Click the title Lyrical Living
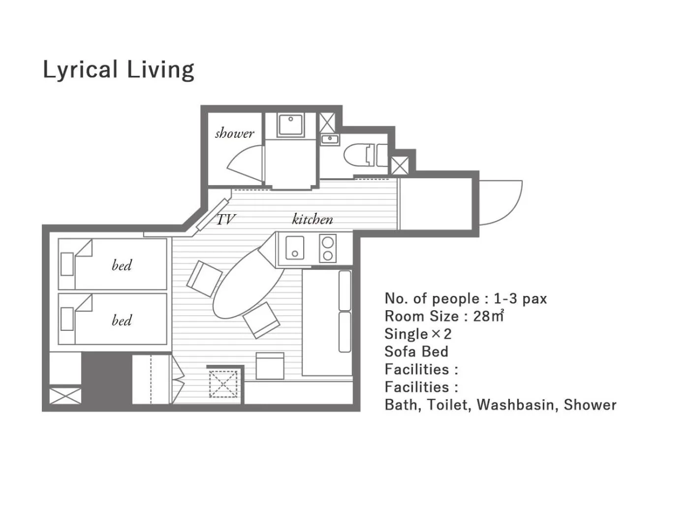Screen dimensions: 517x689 [x=118, y=69]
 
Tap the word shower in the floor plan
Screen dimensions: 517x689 [x=234, y=133]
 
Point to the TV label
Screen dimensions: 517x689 [x=226, y=219]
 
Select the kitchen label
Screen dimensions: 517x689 [x=313, y=219]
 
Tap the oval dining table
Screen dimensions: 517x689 [x=249, y=283]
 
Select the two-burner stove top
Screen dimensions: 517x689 [x=328, y=248]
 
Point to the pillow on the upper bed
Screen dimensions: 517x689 [x=67, y=264]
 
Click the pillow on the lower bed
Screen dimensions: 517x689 [x=67, y=319]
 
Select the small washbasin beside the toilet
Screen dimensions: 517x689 [x=329, y=139]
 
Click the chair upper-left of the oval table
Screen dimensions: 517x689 [x=204, y=279]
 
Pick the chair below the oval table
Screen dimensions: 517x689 [x=261, y=320]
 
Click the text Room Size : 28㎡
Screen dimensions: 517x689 [x=444, y=316]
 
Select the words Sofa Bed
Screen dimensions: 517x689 [x=416, y=352]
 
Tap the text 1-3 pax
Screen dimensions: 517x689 [x=520, y=298]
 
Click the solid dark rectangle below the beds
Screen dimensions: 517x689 [x=107, y=378]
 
